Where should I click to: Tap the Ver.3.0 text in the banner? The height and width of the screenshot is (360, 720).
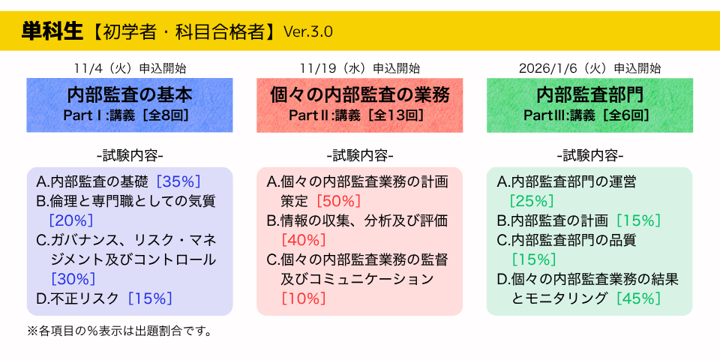point(307,31)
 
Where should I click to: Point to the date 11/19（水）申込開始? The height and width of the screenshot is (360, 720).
point(359,68)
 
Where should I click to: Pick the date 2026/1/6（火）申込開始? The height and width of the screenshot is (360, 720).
point(589,68)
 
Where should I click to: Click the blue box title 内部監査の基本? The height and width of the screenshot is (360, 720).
point(130,96)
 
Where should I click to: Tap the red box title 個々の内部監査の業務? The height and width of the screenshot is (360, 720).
point(360,96)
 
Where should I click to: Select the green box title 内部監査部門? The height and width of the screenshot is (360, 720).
point(589,96)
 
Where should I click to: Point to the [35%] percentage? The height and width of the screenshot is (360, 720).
point(178,181)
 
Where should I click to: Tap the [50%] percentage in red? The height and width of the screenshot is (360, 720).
point(338,201)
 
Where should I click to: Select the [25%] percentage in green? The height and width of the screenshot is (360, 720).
point(532,201)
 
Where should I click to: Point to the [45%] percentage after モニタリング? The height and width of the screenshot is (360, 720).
point(638,298)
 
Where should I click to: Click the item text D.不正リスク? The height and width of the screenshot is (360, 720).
point(78,298)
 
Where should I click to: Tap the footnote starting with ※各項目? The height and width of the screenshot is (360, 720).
point(120,331)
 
